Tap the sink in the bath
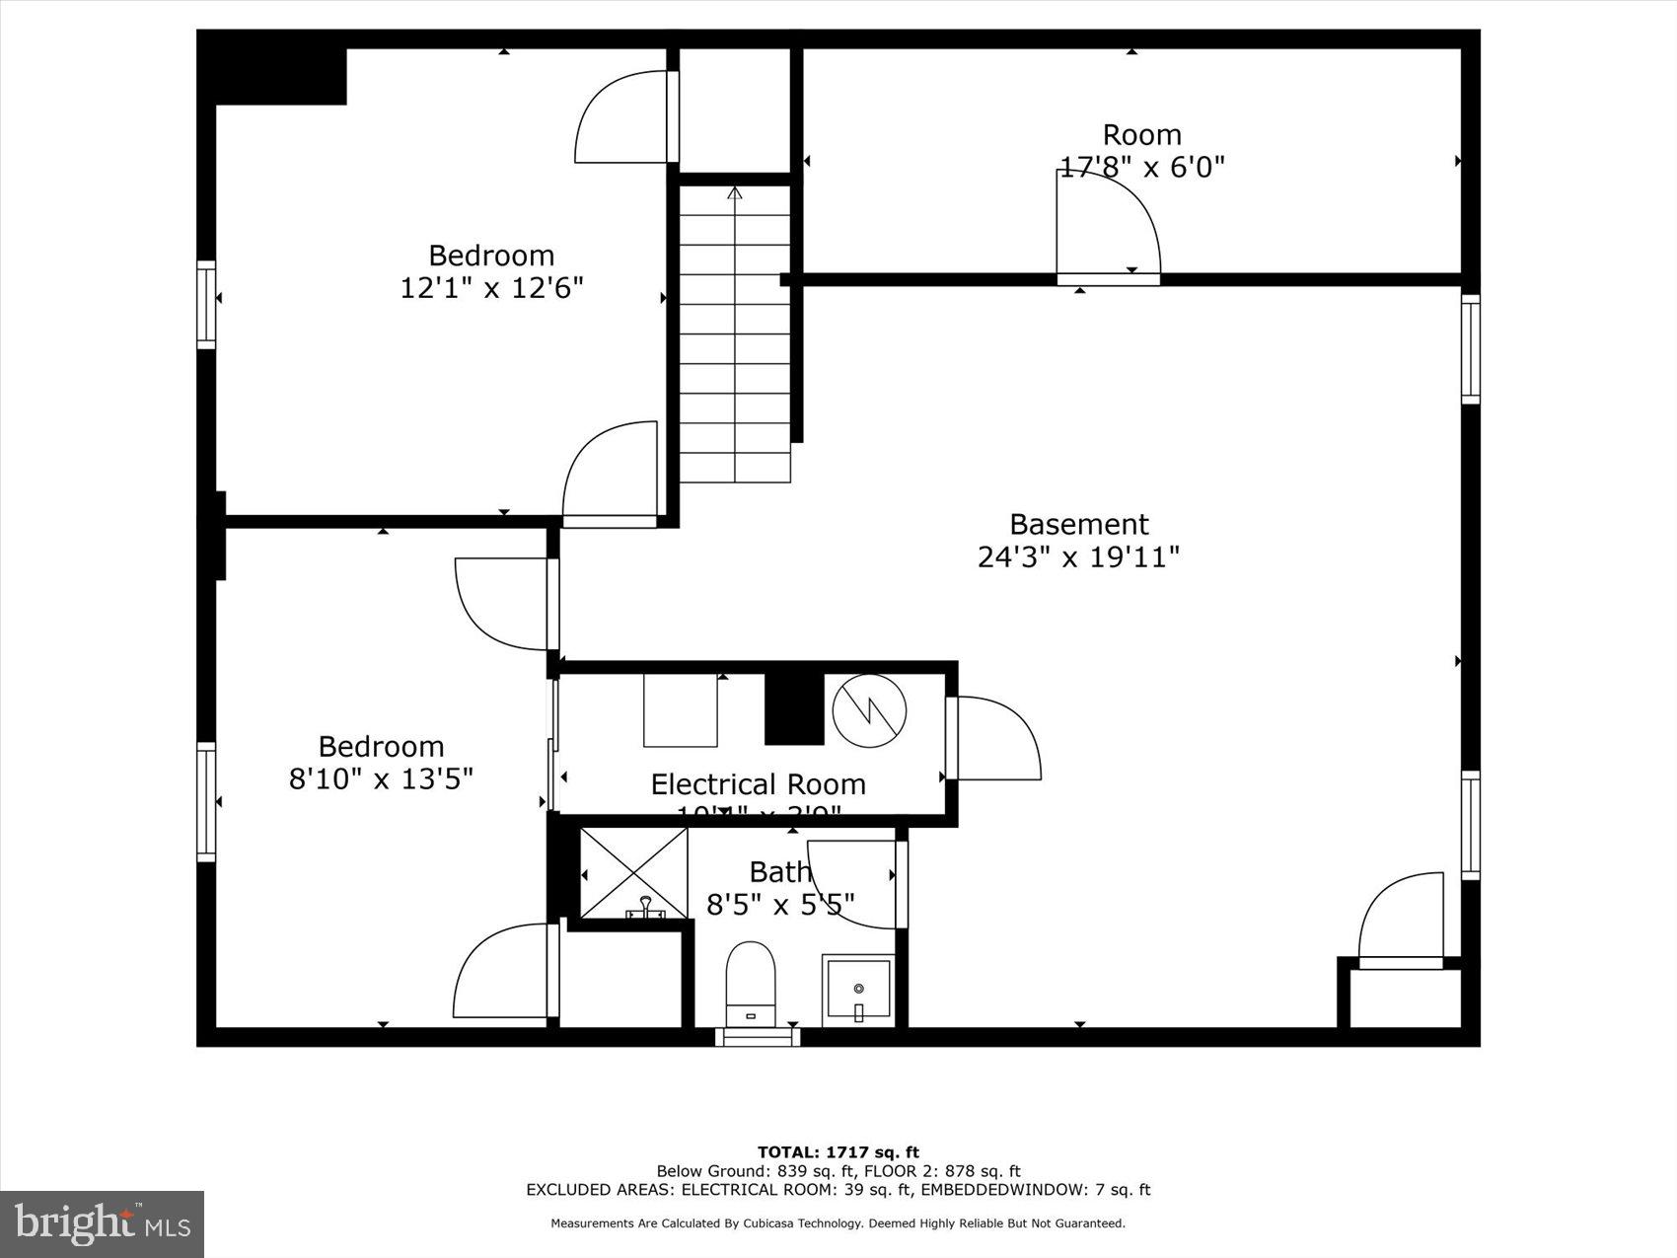point(858,990)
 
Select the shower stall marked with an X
point(633,872)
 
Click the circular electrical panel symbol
point(869,710)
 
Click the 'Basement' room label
point(1078,524)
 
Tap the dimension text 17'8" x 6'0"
point(1141,167)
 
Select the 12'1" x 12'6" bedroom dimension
point(491,288)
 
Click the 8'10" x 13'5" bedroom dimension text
point(381,778)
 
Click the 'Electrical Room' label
point(758,784)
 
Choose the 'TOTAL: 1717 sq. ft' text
point(838,1151)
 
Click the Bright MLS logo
point(103,1224)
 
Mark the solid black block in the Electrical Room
point(794,707)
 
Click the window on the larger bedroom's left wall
point(206,305)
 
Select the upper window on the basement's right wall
point(1470,349)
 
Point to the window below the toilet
point(758,1037)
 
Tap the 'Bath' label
point(779,872)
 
